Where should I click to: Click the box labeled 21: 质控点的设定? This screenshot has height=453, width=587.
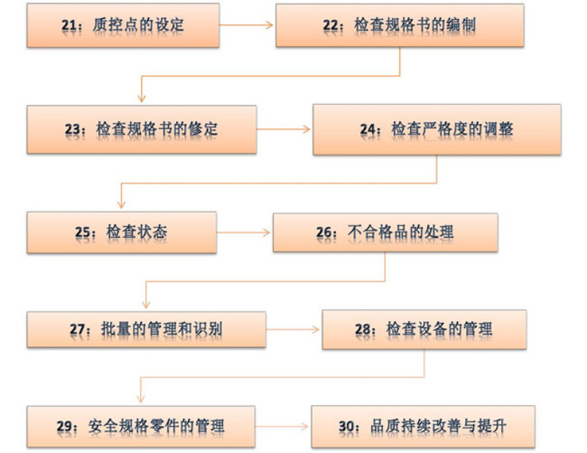tap(123, 26)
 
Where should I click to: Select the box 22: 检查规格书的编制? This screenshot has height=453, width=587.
tap(399, 26)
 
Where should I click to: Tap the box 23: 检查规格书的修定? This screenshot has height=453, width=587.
tap(142, 129)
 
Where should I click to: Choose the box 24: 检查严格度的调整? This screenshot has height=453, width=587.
tap(437, 130)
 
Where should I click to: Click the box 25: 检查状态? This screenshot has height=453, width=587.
tap(122, 232)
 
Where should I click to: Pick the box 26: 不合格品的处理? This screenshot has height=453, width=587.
tap(385, 232)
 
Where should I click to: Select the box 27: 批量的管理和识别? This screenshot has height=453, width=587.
tap(146, 330)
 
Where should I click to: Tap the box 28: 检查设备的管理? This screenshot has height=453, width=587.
tap(424, 330)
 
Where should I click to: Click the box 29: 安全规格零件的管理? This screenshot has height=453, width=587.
tap(141, 427)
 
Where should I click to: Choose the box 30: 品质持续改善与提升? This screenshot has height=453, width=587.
tap(423, 427)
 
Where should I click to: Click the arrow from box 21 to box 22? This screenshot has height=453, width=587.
tap(246, 25)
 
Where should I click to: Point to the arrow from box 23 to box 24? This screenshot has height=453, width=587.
tap(283, 129)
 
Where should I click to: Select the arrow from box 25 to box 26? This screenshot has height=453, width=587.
tap(244, 232)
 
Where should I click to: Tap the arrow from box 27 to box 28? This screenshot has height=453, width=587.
tap(293, 330)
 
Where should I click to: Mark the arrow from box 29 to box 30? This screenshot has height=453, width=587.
tap(282, 426)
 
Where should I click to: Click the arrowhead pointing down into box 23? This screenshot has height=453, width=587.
tap(142, 98)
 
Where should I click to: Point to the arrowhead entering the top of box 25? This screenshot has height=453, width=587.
tap(121, 204)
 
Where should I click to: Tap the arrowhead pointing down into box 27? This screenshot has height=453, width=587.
tap(146, 304)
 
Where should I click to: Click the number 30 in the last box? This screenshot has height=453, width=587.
tap(346, 427)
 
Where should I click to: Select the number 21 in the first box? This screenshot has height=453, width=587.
tap(69, 26)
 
